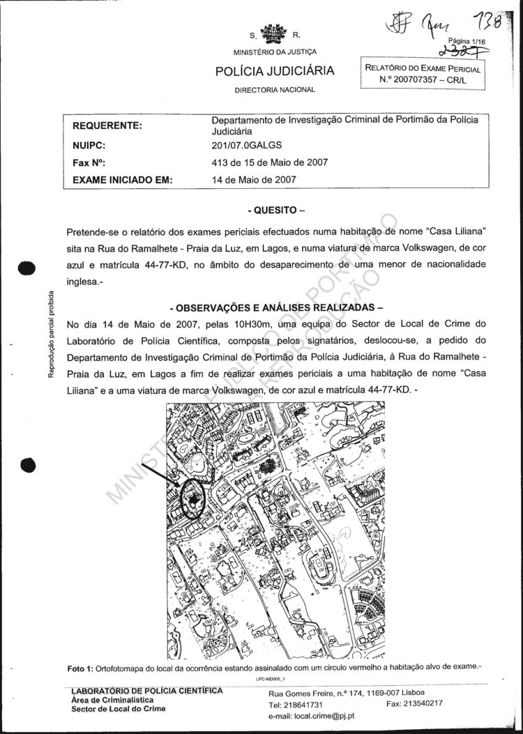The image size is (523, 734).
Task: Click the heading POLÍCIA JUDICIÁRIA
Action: coord(274,71)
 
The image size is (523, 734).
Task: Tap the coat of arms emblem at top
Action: coord(274,33)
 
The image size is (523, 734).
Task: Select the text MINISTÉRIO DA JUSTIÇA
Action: coord(275,52)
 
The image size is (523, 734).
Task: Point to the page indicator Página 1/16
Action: coord(467,42)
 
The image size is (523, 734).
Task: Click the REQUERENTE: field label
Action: coord(107,125)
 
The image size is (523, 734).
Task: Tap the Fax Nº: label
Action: coord(89,163)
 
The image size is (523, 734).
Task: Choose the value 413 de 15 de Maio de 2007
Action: coord(269,163)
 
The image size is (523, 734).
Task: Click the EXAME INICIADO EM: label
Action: coord(122,180)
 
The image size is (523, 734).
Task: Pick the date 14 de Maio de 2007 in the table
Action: coord(254,180)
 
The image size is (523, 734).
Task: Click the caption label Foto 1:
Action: coord(84,668)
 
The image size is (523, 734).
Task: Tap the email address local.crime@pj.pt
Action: coord(312,715)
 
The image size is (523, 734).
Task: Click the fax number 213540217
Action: coord(425,704)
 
